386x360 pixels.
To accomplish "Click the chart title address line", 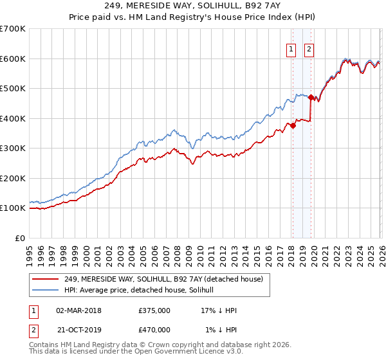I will pos(193,5).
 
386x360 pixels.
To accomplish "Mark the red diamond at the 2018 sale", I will pos(293,126).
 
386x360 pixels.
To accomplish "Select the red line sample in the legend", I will pos(46,279).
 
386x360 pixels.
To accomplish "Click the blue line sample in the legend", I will pos(46,290).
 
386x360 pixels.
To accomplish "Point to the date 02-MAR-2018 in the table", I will pos(78,310).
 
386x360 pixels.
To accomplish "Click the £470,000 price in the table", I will pos(154,330).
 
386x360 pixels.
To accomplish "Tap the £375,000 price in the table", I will pos(154,310).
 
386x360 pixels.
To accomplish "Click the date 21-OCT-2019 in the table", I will pos(78,330).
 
